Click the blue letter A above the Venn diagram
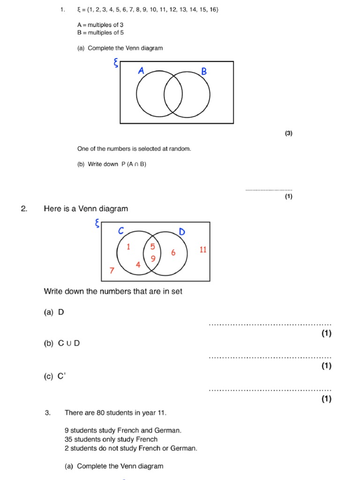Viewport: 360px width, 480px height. tap(141, 71)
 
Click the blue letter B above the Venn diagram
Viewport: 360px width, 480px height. tap(204, 72)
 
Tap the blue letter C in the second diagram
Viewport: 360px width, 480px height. tap(121, 231)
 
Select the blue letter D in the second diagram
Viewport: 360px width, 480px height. tap(182, 232)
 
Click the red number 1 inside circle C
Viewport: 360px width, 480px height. tap(128, 247)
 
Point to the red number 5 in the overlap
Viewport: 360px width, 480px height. tap(152, 247)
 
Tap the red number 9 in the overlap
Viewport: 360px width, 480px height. tap(153, 258)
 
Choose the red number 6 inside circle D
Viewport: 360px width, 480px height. tap(173, 253)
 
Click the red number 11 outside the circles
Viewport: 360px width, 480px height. tap(202, 249)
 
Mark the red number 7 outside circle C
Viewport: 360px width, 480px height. tap(112, 270)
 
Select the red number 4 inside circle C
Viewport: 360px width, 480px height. tap(138, 265)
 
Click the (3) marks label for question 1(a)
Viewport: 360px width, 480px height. tap(288, 133)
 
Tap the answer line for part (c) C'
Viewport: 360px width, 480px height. tap(270, 390)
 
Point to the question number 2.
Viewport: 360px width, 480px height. tap(24, 209)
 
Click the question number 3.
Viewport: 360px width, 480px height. tap(47, 413)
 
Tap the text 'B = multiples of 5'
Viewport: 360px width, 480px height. tap(100, 33)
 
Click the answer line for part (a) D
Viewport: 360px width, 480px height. tap(270, 324)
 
